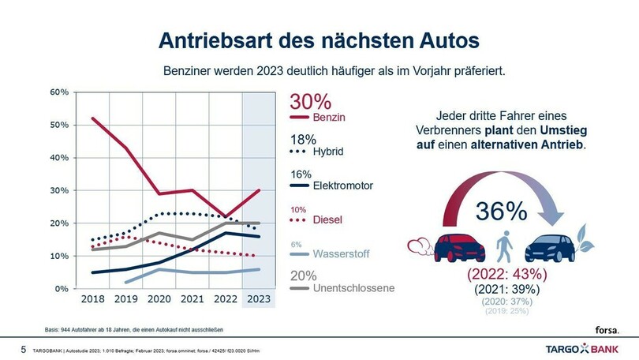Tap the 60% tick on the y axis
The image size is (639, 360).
click(60, 92)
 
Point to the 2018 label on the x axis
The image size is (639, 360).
click(92, 300)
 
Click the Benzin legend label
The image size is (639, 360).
click(330, 118)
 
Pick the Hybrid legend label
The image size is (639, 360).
click(329, 151)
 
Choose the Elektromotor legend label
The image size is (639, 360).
click(342, 186)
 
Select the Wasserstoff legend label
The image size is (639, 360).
click(342, 255)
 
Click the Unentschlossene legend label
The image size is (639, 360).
click(353, 288)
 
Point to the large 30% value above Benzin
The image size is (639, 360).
click(310, 101)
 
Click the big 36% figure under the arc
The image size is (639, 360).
click(500, 211)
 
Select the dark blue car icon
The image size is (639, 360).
click(555, 247)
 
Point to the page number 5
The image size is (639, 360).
click(23, 348)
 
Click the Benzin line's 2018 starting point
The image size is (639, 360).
click(93, 118)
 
